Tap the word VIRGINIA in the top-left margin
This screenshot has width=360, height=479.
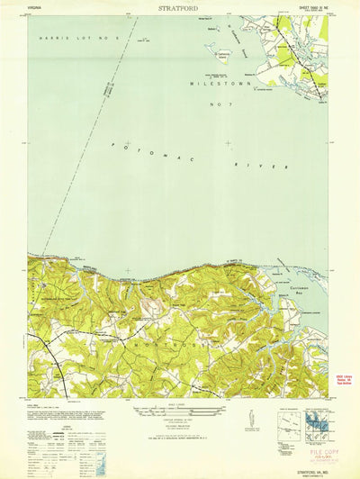(35, 7)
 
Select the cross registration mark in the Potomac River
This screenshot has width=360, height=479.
(229, 143)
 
